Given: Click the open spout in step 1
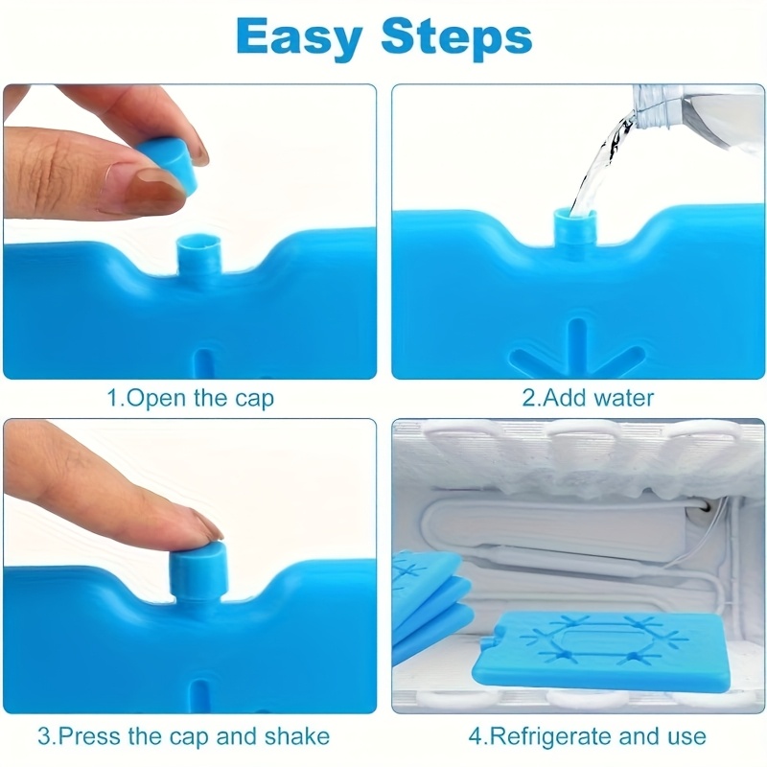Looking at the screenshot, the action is (199, 253).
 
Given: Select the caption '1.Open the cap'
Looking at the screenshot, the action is (190, 398).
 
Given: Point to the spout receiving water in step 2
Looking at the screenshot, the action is (575, 227).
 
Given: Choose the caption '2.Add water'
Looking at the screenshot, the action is (588, 398).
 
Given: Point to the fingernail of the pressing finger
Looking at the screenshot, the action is (205, 524).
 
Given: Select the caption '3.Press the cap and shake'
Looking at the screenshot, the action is (184, 736).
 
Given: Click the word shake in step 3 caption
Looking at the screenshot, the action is (297, 736).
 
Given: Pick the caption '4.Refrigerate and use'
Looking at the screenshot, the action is (588, 736).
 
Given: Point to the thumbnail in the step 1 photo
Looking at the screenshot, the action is (147, 188).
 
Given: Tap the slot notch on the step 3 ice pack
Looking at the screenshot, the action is (200, 697).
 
